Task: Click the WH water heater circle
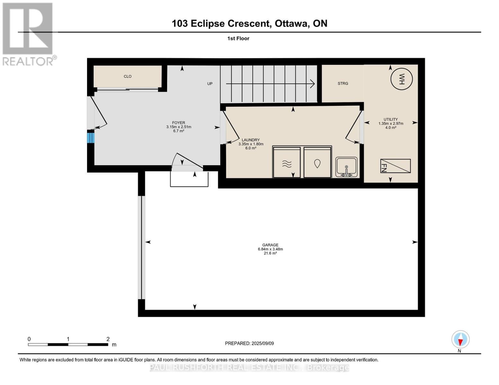pyautogui.click(x=401, y=79)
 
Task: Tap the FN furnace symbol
pyautogui.click(x=395, y=166)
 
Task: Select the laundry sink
pyautogui.click(x=346, y=167)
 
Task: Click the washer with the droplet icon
pyautogui.click(x=317, y=162)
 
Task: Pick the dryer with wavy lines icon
pyautogui.click(x=287, y=162)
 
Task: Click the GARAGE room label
pyautogui.click(x=270, y=245)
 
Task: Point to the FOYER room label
pyautogui.click(x=178, y=123)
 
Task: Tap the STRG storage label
pyautogui.click(x=343, y=83)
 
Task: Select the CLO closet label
pyautogui.click(x=128, y=76)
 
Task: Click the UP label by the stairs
pyautogui.click(x=210, y=84)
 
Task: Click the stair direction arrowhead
pyautogui.click(x=312, y=84)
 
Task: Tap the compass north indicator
pyautogui.click(x=460, y=339)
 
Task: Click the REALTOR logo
pyautogui.click(x=28, y=34)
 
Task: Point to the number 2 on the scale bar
pyautogui.click(x=108, y=339)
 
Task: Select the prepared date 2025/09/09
pyautogui.click(x=263, y=343)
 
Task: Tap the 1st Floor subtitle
pyautogui.click(x=238, y=38)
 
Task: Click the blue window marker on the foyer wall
pyautogui.click(x=91, y=138)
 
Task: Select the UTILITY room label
pyautogui.click(x=390, y=119)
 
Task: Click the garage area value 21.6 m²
pyautogui.click(x=270, y=253)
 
